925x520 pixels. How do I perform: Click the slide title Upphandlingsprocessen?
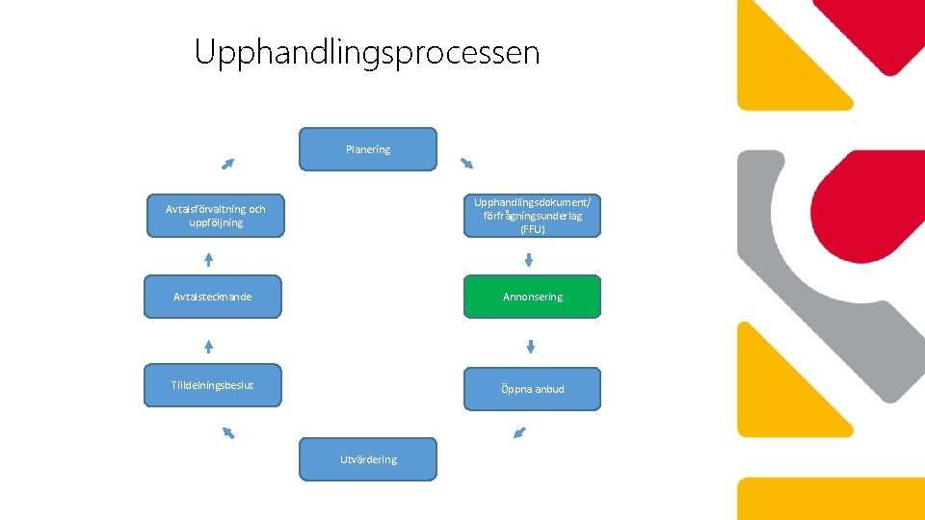click(367, 52)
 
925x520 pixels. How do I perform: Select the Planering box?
click(368, 149)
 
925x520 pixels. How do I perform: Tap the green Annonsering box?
click(532, 297)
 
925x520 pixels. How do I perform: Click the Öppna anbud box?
click(532, 389)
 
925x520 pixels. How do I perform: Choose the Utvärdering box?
click(368, 459)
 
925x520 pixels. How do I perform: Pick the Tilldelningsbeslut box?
click(213, 385)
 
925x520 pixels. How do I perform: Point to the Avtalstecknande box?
click(213, 297)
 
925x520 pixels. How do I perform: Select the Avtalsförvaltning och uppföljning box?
click(216, 216)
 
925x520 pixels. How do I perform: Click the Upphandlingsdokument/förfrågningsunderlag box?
click(532, 216)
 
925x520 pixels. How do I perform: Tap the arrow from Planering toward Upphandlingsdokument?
click(466, 162)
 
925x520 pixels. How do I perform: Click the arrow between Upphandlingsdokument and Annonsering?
click(529, 259)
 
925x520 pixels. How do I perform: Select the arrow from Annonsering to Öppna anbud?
click(530, 347)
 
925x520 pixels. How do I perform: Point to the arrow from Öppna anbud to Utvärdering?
click(520, 432)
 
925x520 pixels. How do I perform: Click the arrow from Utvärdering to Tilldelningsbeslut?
click(228, 432)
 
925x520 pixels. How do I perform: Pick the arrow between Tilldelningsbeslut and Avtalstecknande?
click(208, 346)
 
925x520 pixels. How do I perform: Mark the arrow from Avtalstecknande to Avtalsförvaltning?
click(208, 259)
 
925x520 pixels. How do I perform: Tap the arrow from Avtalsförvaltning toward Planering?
click(227, 164)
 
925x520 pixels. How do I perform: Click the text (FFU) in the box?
click(532, 229)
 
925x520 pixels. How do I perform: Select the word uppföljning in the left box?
click(216, 222)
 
